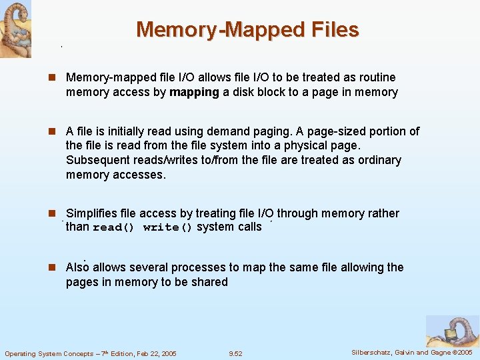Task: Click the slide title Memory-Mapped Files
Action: [x=247, y=29]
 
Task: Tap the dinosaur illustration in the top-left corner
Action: [x=15, y=28]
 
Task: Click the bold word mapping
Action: [x=194, y=92]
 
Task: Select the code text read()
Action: [x=113, y=227]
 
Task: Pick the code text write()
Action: [x=167, y=227]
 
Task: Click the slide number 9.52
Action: [x=235, y=353]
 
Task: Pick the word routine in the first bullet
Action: [x=373, y=77]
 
